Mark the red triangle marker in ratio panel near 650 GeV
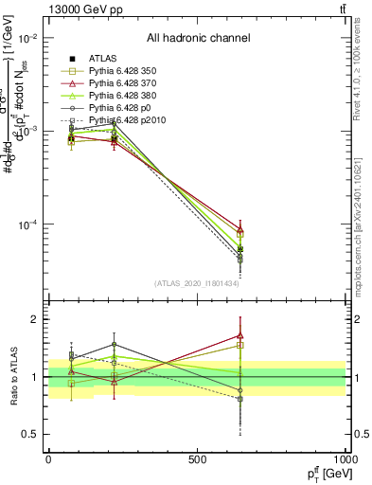point(240,335)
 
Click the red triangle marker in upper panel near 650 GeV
point(240,230)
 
